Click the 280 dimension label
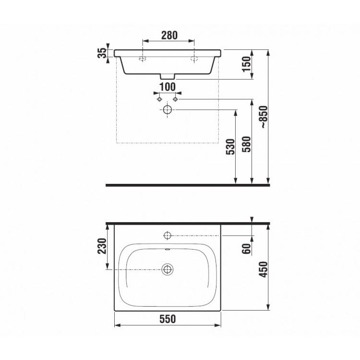[169, 36]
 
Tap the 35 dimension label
[102, 53]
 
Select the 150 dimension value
[247, 64]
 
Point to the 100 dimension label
[168, 87]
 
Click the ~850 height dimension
[264, 117]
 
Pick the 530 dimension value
[230, 147]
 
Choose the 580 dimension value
[247, 144]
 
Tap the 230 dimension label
[102, 246]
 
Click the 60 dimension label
[247, 249]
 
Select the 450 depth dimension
[264, 270]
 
